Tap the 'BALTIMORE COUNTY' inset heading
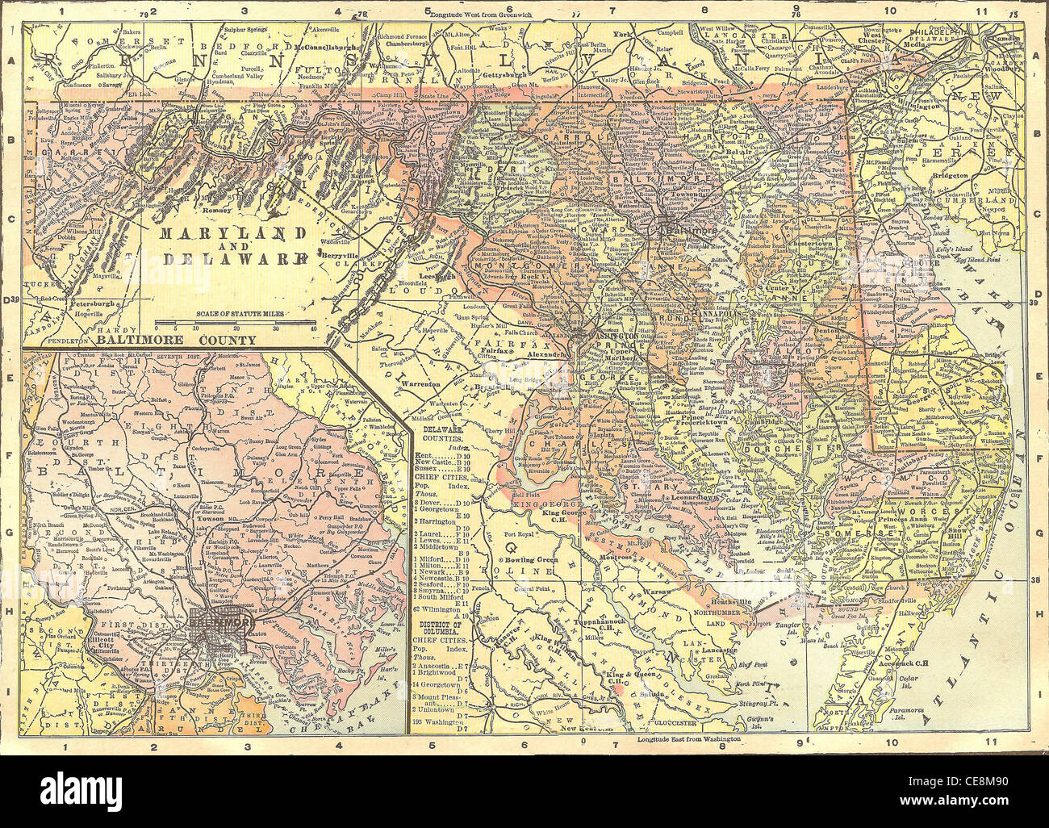point(176,340)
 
